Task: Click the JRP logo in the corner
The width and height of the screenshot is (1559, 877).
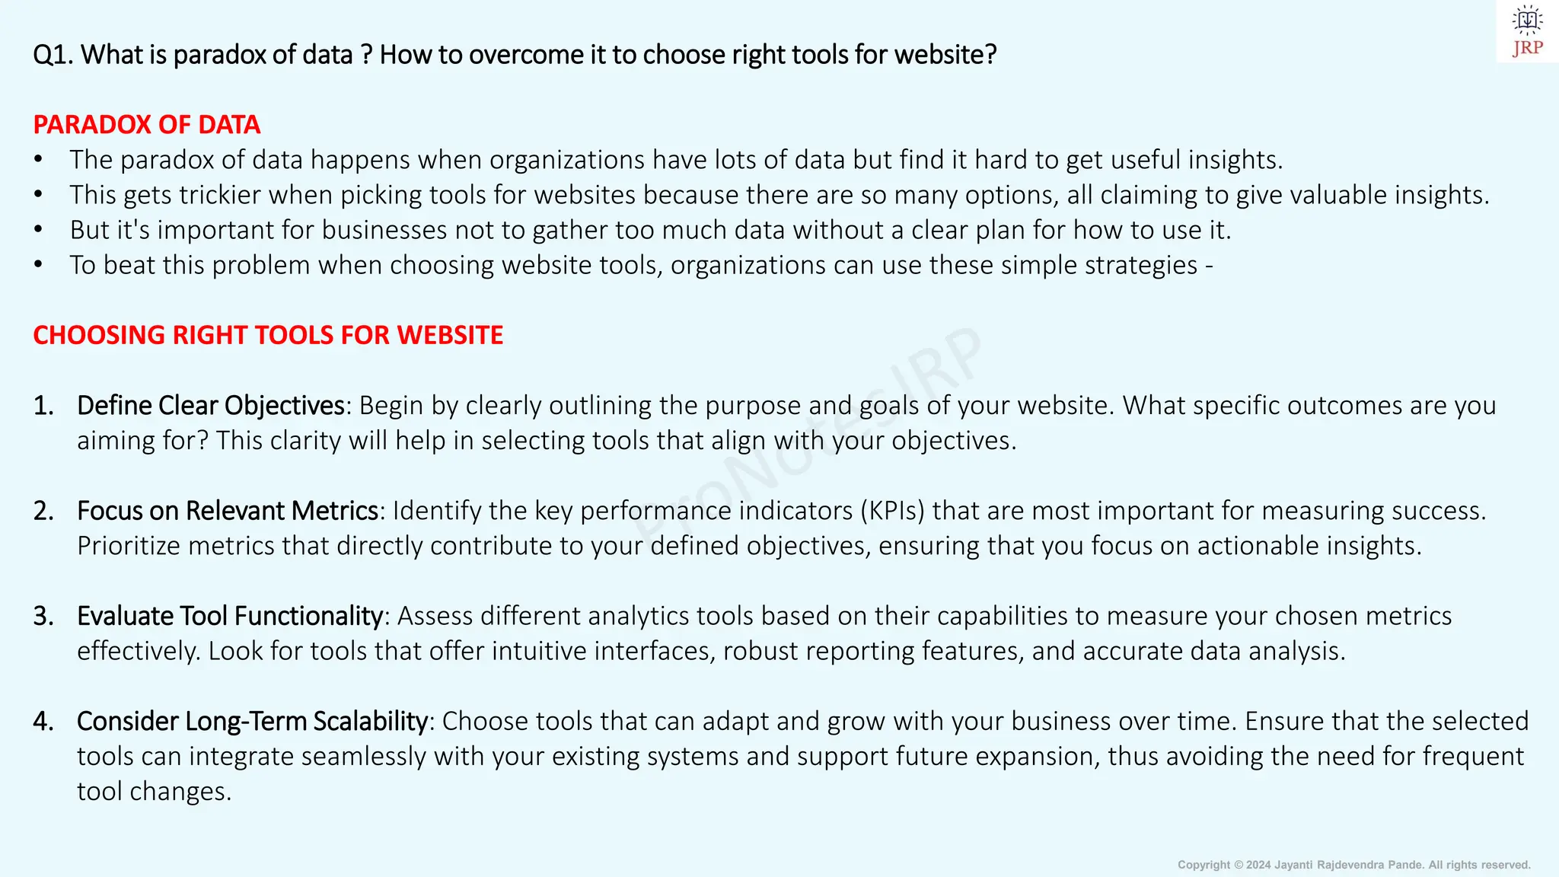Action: [1527, 31]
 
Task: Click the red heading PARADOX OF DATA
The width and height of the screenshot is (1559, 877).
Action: [147, 125]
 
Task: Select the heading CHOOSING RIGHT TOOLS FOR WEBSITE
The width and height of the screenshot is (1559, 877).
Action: [268, 335]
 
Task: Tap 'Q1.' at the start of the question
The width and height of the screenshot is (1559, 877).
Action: [53, 55]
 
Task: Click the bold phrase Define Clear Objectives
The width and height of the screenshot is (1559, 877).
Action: [211, 406]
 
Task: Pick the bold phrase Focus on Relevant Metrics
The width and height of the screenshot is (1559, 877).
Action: [228, 511]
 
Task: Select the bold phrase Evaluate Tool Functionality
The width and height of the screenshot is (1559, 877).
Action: [229, 616]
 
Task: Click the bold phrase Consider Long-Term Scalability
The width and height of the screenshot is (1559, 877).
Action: [252, 721]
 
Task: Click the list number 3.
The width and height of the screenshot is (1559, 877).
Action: [43, 616]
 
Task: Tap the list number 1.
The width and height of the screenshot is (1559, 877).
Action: [43, 406]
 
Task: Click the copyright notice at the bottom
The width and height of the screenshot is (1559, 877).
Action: [1353, 865]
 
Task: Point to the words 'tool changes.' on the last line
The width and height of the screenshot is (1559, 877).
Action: [154, 792]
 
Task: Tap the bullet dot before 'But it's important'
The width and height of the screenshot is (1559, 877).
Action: [38, 230]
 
